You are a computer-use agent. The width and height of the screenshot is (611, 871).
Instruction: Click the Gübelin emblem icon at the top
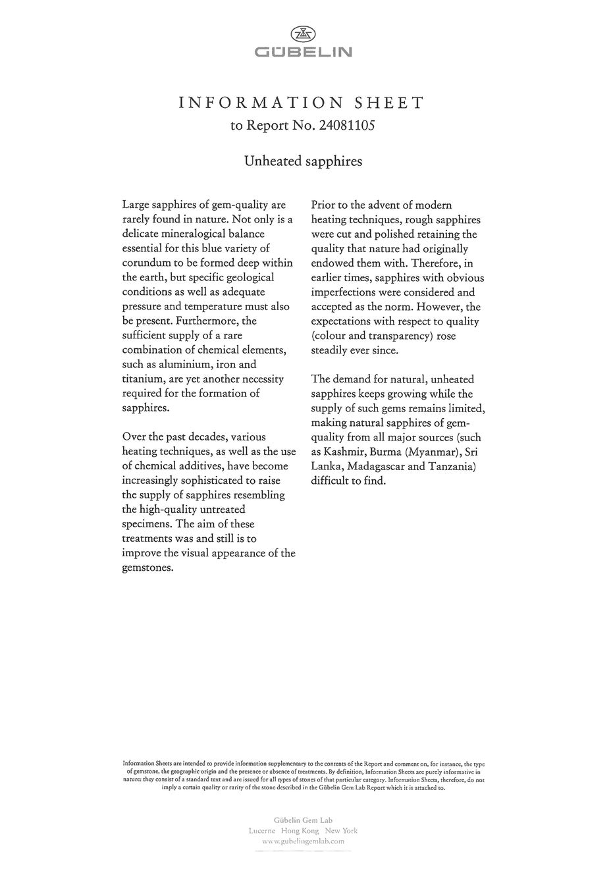(x=304, y=34)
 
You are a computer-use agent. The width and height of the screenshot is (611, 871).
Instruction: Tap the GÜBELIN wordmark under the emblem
(x=304, y=52)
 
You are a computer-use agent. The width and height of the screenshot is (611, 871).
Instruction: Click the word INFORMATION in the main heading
(x=261, y=103)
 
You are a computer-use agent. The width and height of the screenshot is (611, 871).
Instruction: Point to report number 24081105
(x=346, y=125)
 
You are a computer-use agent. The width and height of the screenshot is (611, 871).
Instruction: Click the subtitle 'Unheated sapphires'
(x=303, y=161)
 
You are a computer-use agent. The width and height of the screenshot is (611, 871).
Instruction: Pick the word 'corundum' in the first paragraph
(x=146, y=263)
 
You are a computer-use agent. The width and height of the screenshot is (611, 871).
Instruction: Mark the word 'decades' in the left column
(x=203, y=436)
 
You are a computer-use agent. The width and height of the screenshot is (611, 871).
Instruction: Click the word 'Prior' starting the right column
(x=324, y=205)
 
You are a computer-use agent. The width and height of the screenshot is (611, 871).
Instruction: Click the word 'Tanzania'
(x=451, y=466)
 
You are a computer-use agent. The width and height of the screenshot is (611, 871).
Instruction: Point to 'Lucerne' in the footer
(x=262, y=831)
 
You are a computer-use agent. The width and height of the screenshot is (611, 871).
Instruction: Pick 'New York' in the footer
(x=342, y=831)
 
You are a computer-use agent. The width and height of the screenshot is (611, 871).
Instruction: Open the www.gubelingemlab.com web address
(x=303, y=841)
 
